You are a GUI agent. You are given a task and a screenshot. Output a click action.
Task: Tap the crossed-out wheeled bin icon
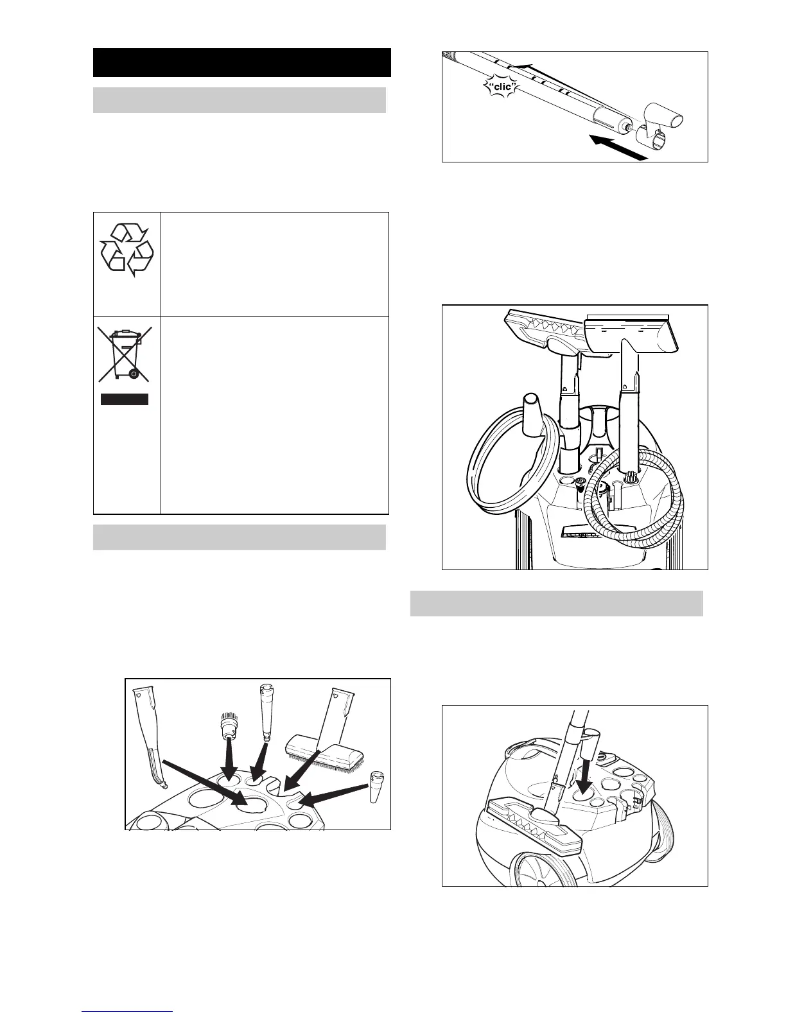pos(125,354)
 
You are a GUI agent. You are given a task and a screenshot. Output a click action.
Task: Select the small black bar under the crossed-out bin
pos(125,399)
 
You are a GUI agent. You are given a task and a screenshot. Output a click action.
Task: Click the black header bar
pos(242,62)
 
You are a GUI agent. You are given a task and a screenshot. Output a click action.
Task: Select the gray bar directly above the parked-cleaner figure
pos(556,604)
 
